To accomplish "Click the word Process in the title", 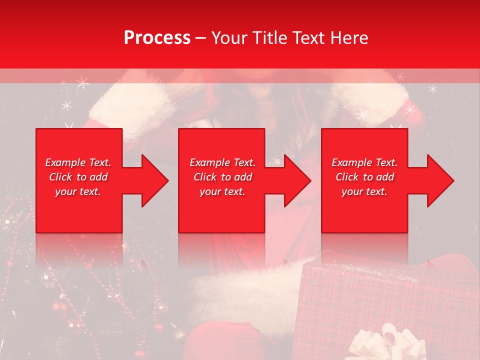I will pyautogui.click(x=157, y=38).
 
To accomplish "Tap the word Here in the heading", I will pyautogui.click(x=350, y=38).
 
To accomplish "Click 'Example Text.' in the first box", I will pyautogui.click(x=78, y=162).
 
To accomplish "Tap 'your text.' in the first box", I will pyautogui.click(x=78, y=191).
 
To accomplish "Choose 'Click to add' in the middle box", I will pyautogui.click(x=222, y=177).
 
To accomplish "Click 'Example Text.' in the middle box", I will pyautogui.click(x=222, y=162).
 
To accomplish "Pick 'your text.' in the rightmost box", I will pyautogui.click(x=364, y=191).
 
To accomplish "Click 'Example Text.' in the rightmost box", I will pyautogui.click(x=364, y=162).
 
